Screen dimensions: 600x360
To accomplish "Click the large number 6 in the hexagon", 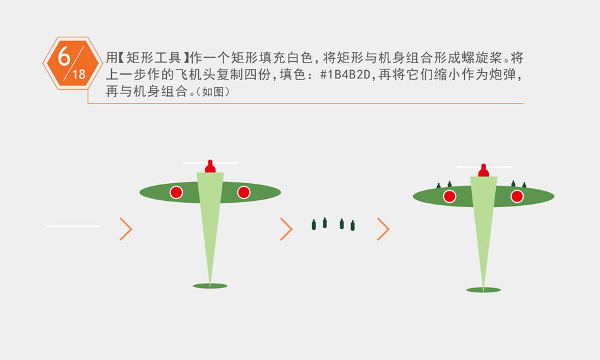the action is (64, 56).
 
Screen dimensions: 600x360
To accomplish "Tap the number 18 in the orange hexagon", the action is (79, 75).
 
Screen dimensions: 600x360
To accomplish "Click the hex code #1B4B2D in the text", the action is (345, 75).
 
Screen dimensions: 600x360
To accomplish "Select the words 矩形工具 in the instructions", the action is (153, 57).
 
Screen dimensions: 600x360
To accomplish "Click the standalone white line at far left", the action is (73, 226).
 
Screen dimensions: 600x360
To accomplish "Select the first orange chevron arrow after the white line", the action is (126, 229).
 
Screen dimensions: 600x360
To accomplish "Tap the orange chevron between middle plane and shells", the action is (286, 229).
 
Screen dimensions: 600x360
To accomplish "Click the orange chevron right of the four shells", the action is (383, 229).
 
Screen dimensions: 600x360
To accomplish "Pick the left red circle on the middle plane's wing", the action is (176, 192).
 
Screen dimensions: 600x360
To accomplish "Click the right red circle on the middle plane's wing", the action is (244, 192).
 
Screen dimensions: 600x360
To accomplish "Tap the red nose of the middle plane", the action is (210, 166).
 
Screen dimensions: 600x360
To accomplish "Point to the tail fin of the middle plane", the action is (210, 285).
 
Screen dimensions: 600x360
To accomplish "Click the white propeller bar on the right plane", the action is (484, 167).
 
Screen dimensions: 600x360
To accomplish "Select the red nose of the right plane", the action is (483, 171).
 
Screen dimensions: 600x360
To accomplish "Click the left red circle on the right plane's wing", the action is (450, 196).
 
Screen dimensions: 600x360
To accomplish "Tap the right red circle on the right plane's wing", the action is (517, 196).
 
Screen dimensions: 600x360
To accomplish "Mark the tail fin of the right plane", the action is (483, 290).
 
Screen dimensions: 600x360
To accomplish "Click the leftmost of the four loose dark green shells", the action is (314, 225).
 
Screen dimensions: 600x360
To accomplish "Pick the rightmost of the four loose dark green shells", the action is (353, 225).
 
